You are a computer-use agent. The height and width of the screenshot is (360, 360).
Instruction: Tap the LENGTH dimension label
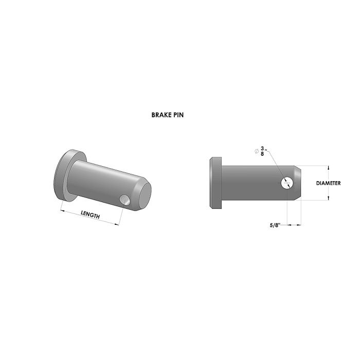(x=90, y=215)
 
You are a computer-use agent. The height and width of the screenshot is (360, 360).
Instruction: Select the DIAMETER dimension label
(x=328, y=183)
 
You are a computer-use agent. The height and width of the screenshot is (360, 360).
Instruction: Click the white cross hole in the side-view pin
(x=287, y=182)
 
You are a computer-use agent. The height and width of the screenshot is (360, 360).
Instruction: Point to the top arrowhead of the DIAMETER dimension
(x=328, y=167)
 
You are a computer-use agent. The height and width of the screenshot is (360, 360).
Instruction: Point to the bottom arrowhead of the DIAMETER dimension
(x=328, y=200)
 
